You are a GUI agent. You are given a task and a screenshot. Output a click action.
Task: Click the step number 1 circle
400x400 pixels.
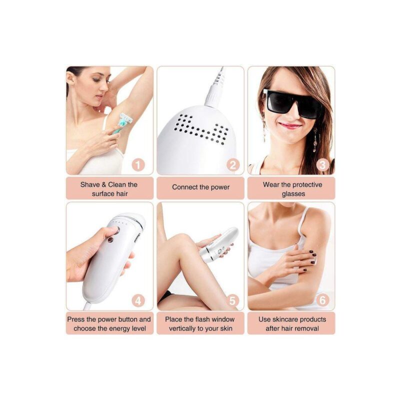pos(138,165)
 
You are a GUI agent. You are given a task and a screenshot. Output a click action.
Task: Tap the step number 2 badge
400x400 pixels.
pos(232,165)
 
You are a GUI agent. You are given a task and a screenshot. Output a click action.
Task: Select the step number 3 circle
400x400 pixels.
pos(322,165)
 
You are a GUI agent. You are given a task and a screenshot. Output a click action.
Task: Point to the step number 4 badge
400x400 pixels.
pos(138,301)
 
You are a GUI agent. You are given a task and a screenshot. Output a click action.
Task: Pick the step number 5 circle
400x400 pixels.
pos(232,301)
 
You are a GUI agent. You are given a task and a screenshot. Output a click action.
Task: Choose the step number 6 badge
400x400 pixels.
pos(322,300)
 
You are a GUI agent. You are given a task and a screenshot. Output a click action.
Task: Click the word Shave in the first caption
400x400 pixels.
pos(90,184)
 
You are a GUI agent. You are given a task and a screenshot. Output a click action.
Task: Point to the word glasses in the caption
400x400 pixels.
pos(293,194)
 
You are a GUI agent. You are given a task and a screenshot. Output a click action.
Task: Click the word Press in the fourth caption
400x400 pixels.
pos(76,319)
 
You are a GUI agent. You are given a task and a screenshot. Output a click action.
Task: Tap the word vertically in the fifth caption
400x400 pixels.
pos(182,328)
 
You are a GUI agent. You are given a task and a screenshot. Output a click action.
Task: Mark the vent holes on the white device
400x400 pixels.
pos(201,130)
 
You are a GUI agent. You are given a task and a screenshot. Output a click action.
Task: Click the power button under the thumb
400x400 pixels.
pos(116,230)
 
